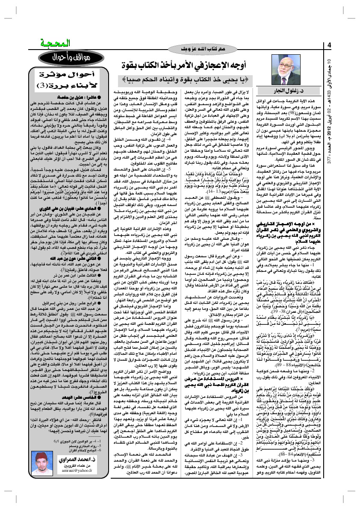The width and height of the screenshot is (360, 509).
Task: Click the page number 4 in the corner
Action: (x=330, y=45)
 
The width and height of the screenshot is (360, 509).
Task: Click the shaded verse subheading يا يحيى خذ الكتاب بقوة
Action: (x=189, y=79)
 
